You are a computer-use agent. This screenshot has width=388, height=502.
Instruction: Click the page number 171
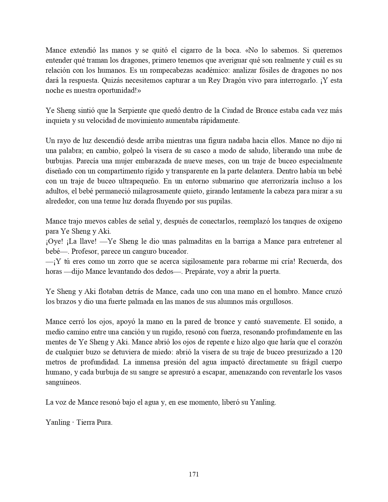pos(194,474)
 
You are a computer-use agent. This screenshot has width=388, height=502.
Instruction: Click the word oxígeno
pos(329,221)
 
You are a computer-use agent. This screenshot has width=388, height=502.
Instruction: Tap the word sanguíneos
pos(63,382)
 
